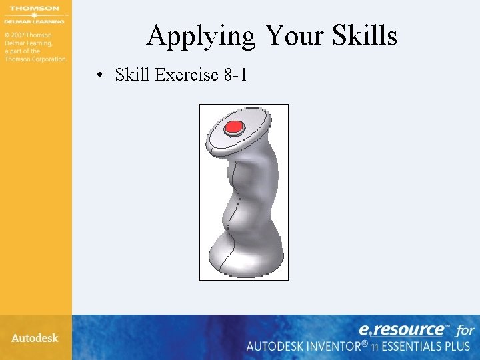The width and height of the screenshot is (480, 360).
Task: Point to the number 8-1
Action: (x=235, y=75)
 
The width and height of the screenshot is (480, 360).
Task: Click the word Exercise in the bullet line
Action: (x=185, y=75)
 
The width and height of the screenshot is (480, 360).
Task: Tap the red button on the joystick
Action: (x=234, y=127)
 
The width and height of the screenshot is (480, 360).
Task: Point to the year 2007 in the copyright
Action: (x=24, y=35)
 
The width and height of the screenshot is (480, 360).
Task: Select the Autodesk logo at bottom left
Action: (x=35, y=338)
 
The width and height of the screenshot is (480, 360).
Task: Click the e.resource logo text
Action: (x=402, y=329)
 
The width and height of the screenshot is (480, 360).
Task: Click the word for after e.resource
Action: (x=465, y=330)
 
